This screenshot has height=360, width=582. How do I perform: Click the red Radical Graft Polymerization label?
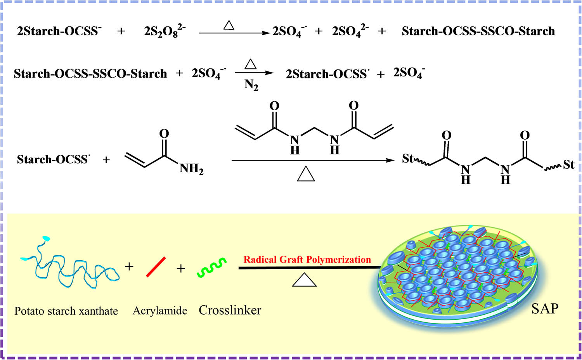coord(307,260)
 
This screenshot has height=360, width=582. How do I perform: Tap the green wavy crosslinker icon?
coord(211,268)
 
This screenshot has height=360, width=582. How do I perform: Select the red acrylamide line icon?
coord(156,267)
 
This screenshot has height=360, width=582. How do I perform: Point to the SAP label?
coord(545,309)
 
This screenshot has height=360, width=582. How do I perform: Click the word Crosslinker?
coord(230,310)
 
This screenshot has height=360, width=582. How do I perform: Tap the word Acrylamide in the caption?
coord(160,311)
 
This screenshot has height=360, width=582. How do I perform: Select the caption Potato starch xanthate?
coord(66,311)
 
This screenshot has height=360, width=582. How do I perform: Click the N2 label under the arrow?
coord(251,85)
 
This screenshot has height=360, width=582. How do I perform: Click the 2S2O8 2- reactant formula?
coord(165,31)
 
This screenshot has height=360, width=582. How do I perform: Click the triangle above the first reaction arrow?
coord(229,26)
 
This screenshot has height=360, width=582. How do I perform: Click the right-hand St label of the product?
coord(568,165)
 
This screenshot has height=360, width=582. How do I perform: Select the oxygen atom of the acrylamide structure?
coord(164,134)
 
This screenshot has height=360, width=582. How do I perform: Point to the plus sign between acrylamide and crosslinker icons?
coord(181,268)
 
